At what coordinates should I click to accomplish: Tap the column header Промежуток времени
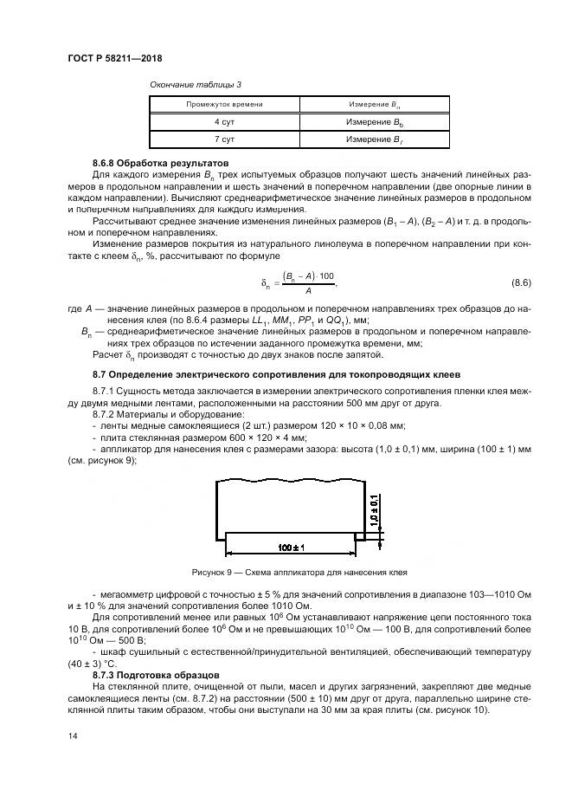point(224,104)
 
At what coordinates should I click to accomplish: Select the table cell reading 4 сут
point(224,122)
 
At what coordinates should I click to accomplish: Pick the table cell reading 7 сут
point(224,139)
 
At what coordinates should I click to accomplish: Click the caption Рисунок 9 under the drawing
point(299,573)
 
